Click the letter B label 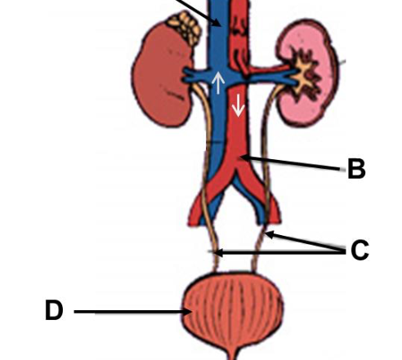(x=356, y=168)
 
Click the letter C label (x=360, y=250)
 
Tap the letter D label (x=54, y=309)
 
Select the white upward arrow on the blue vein (x=218, y=83)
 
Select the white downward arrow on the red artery (x=239, y=105)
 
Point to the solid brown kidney (x=162, y=76)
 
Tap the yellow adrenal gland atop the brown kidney (x=185, y=27)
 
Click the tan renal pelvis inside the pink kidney (x=305, y=76)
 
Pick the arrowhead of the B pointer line (x=244, y=158)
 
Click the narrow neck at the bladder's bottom (x=233, y=353)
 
